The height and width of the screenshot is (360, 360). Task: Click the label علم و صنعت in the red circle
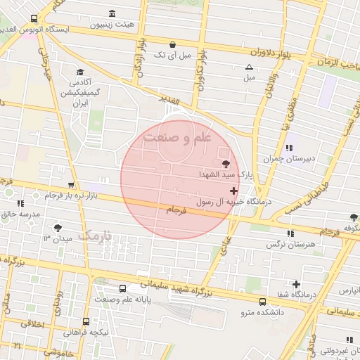point(177,139)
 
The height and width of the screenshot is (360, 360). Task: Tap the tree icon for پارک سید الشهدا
point(226,164)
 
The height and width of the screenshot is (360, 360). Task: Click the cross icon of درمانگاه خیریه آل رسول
point(234,191)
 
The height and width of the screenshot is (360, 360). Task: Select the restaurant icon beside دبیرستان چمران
point(290,148)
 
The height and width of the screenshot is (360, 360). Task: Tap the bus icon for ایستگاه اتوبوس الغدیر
point(34,19)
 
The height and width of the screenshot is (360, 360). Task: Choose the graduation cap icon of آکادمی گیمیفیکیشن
point(79,72)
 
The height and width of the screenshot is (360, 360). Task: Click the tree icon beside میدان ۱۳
point(58,228)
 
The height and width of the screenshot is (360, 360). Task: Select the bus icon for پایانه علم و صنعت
point(124,288)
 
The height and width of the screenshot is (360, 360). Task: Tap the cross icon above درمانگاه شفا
point(297,285)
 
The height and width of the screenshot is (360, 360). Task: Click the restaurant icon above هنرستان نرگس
point(290,233)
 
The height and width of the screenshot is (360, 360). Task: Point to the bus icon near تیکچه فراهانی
point(86,321)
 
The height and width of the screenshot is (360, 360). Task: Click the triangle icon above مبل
point(248,67)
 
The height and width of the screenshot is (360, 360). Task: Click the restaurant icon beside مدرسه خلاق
point(17,203)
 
